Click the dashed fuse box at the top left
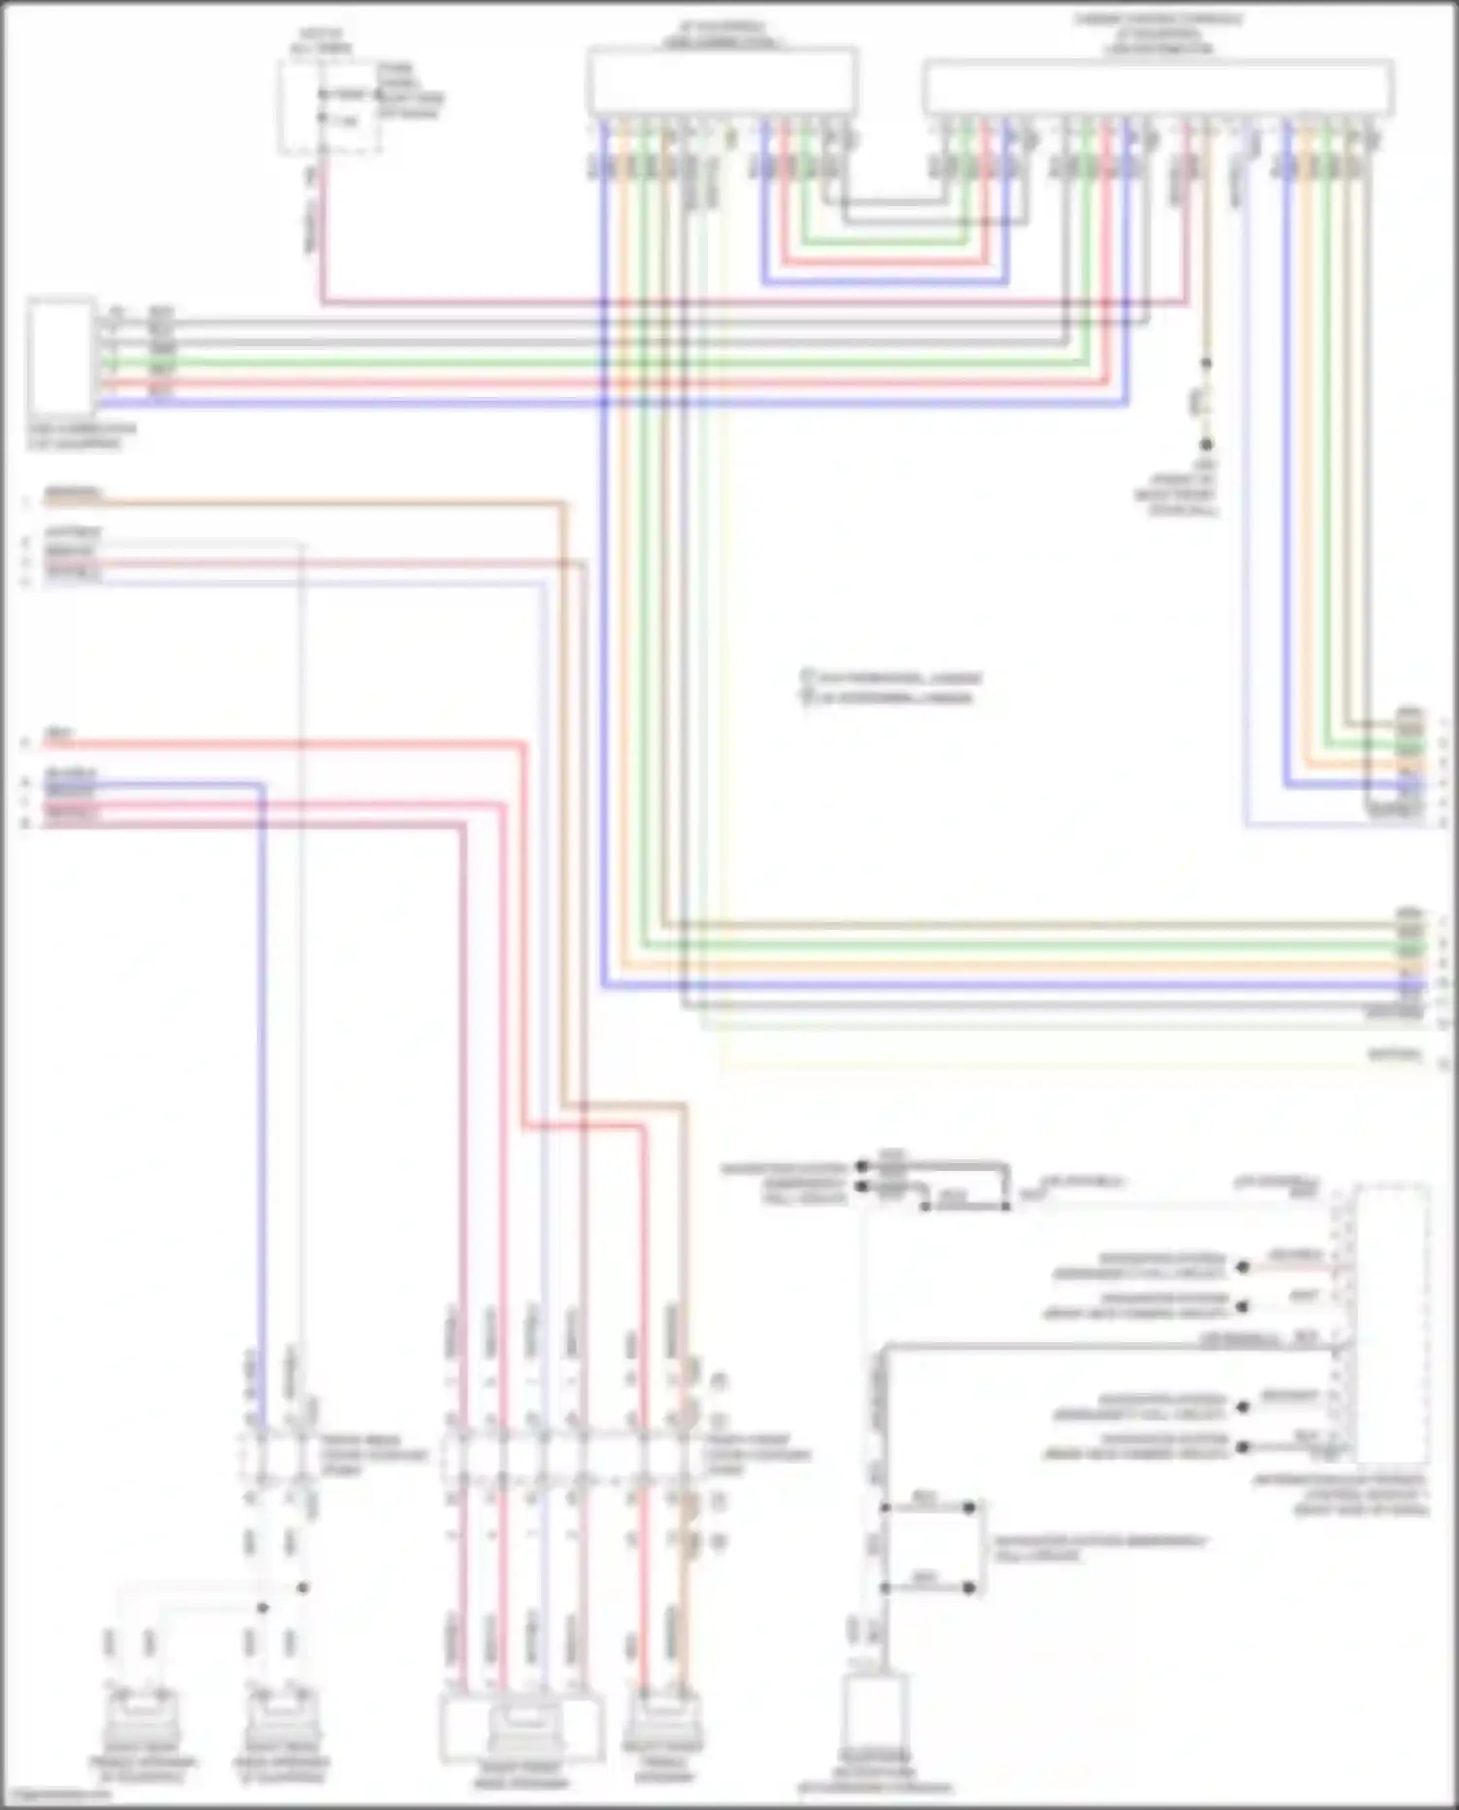(x=329, y=107)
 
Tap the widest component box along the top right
(x=1157, y=87)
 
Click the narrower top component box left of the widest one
(x=722, y=81)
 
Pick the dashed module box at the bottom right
(x=1393, y=1324)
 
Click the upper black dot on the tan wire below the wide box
(x=1205, y=363)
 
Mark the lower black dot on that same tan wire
(x=1205, y=444)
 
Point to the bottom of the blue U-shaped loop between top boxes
(x=885, y=283)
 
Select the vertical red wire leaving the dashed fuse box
(x=322, y=233)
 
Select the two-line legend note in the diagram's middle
(x=890, y=687)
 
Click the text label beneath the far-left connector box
(x=82, y=436)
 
